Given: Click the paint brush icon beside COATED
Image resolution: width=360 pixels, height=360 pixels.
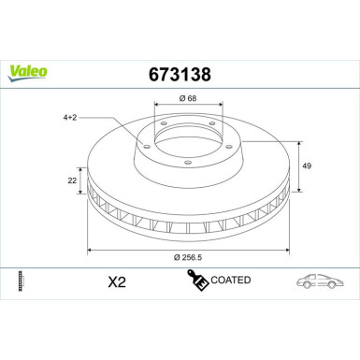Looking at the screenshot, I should [197, 280].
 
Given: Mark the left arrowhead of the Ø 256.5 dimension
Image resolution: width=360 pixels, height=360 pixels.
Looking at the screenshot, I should [90, 250].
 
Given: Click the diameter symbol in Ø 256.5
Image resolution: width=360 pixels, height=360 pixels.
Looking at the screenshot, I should [166, 258].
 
